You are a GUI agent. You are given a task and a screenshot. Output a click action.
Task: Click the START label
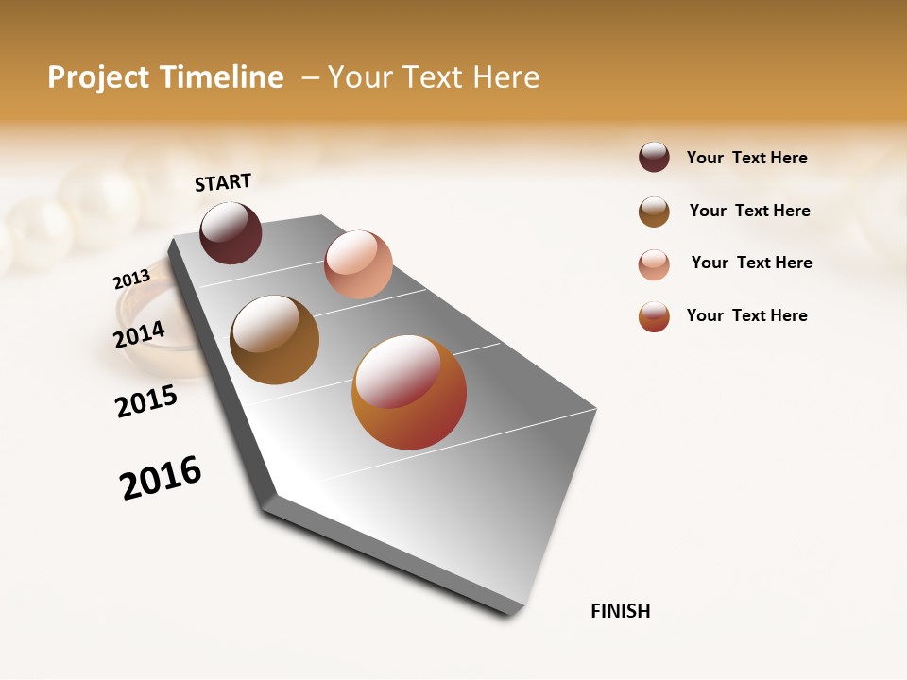pyautogui.click(x=223, y=182)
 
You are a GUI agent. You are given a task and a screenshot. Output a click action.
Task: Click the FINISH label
pyautogui.click(x=620, y=611)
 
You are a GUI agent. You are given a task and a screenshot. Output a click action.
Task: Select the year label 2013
pyautogui.click(x=131, y=280)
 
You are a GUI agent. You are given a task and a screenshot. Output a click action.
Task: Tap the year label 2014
pyautogui.click(x=139, y=334)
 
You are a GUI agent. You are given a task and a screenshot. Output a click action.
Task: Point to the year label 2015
pyautogui.click(x=146, y=401)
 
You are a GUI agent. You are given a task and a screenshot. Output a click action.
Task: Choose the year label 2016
pyautogui.click(x=161, y=478)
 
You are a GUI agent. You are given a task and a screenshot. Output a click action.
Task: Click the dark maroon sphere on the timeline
pyautogui.click(x=231, y=232)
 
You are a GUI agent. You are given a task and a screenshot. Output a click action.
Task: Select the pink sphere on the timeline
pyautogui.click(x=358, y=264)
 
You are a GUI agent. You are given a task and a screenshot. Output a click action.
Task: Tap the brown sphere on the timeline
pyautogui.click(x=274, y=340)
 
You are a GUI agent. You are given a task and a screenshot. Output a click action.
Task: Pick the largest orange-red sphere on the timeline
pyautogui.click(x=409, y=392)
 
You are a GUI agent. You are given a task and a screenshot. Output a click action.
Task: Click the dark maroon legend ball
pyautogui.click(x=654, y=157)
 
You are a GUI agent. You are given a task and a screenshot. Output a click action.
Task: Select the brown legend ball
pyautogui.click(x=654, y=212)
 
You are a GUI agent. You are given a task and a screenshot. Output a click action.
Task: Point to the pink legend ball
pyautogui.click(x=654, y=264)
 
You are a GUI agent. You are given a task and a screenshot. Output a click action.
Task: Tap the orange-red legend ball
pyautogui.click(x=654, y=316)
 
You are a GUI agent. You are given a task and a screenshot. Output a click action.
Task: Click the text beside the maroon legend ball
pyautogui.click(x=746, y=158)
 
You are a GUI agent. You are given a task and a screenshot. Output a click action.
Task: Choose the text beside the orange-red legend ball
pyautogui.click(x=746, y=315)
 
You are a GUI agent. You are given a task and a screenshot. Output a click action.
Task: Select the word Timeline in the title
pyautogui.click(x=221, y=77)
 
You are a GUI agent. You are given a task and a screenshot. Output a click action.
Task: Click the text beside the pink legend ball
pyautogui.click(x=751, y=263)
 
